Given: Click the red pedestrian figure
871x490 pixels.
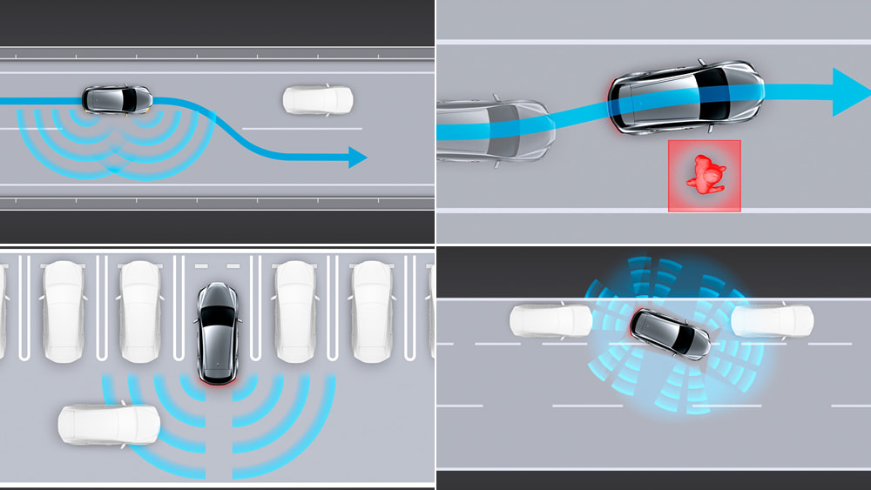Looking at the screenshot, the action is (x=705, y=175).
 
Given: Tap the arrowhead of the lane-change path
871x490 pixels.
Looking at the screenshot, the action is (x=357, y=158).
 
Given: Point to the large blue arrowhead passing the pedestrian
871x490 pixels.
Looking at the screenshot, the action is (x=850, y=91).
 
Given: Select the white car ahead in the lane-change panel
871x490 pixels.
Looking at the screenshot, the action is (x=317, y=100).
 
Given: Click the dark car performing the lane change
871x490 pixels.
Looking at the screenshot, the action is (x=118, y=99).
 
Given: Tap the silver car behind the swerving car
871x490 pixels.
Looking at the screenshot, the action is (x=492, y=131).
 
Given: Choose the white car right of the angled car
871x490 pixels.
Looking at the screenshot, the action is (x=772, y=320).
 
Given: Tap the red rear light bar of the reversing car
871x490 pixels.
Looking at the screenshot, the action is (x=215, y=380).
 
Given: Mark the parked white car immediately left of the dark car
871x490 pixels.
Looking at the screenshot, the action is (x=140, y=310).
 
